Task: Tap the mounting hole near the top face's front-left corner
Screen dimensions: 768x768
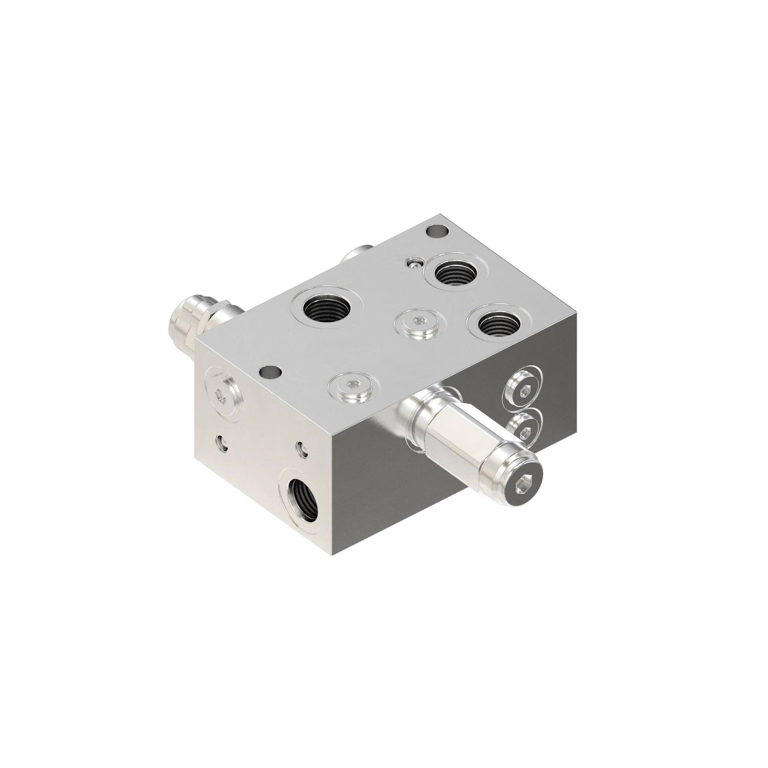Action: pyautogui.click(x=270, y=373)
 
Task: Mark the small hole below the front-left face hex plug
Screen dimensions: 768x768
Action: pyautogui.click(x=221, y=443)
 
